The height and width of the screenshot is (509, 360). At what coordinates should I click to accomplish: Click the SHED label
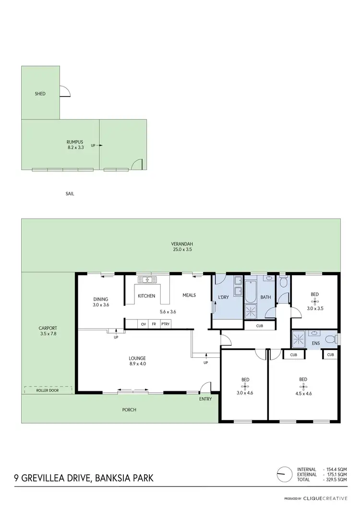point(40,94)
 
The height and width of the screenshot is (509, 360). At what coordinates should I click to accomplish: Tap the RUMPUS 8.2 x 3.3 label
point(75,145)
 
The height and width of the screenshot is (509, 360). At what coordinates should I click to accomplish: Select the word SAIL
point(70,194)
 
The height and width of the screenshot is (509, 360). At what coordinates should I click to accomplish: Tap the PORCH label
point(129,410)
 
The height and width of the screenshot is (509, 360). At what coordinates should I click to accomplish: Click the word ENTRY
point(205,399)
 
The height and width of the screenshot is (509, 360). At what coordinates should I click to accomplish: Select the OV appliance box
point(143,324)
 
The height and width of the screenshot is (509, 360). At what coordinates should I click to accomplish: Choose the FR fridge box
point(154,324)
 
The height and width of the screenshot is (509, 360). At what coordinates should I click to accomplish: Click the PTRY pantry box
point(166,324)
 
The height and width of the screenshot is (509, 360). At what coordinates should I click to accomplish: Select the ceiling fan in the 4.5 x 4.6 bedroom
point(303,386)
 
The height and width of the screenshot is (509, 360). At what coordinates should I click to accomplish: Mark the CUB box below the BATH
point(260,326)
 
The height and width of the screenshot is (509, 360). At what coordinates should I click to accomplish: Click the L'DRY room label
point(224,297)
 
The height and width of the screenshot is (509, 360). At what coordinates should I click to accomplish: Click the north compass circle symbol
point(285,473)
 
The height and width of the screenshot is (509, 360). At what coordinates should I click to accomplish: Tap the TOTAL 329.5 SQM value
point(336,480)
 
